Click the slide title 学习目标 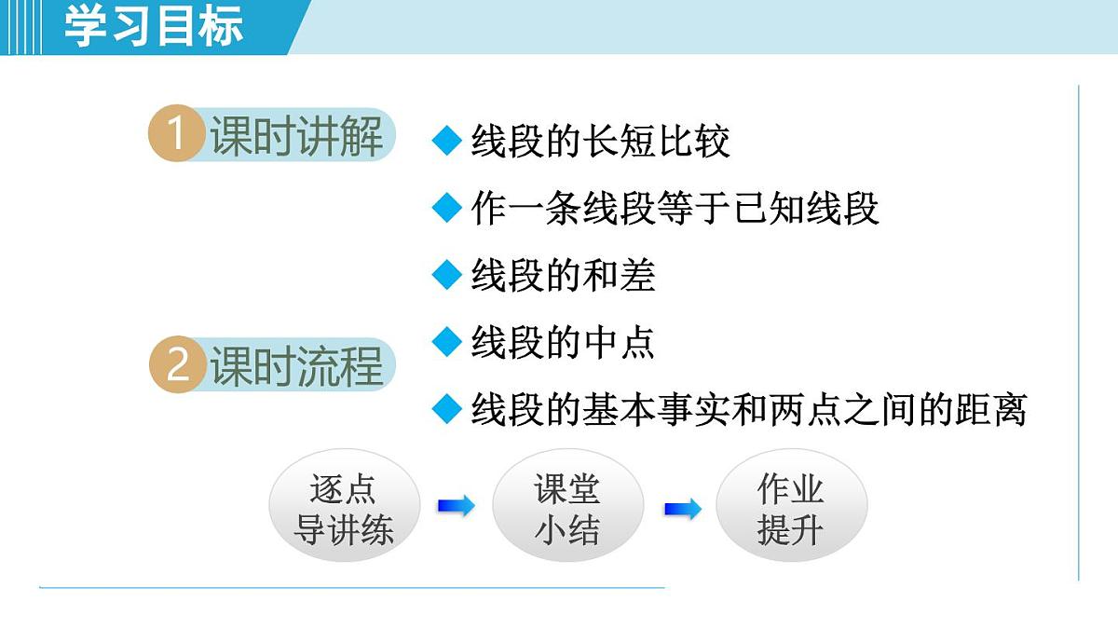click(x=154, y=26)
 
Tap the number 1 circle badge click(x=175, y=135)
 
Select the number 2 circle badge click(x=176, y=364)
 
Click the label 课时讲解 click(x=296, y=136)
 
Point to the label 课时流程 click(x=296, y=365)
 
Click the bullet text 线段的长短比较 click(x=600, y=142)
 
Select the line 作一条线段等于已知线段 click(x=675, y=209)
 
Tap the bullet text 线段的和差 click(x=563, y=276)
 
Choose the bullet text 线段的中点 click(x=563, y=343)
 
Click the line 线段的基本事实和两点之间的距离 click(x=748, y=409)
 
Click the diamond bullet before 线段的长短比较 click(x=447, y=142)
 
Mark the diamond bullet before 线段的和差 click(x=447, y=275)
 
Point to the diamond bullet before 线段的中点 click(x=447, y=342)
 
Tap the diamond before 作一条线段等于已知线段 click(x=447, y=208)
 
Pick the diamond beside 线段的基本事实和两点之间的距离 click(x=447, y=408)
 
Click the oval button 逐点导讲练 click(x=344, y=509)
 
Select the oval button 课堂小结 click(x=567, y=509)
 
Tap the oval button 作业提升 click(x=791, y=509)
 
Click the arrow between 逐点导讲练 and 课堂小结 click(x=456, y=507)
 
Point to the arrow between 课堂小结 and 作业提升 click(x=682, y=509)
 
